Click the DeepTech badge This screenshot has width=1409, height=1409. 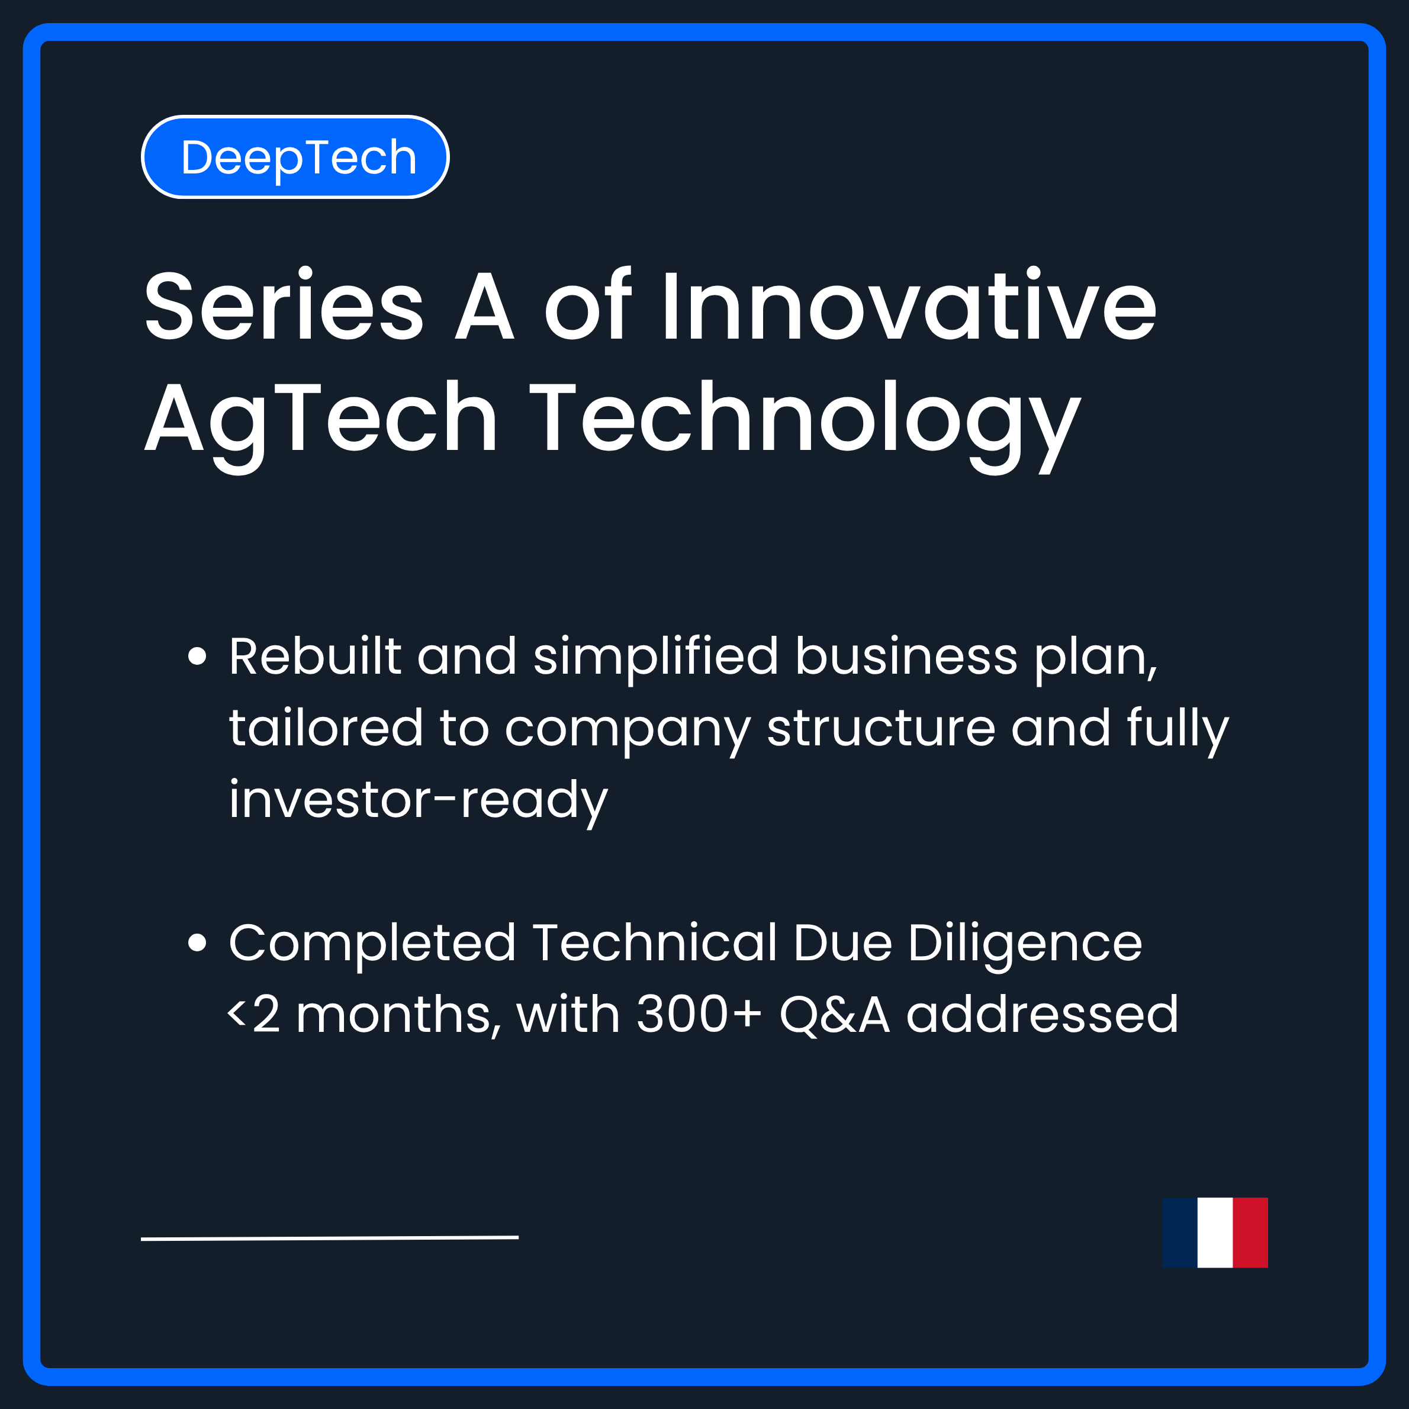coord(295,157)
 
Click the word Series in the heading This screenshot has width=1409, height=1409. coord(284,305)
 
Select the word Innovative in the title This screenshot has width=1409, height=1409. coord(908,305)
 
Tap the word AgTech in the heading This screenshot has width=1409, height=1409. coord(321,419)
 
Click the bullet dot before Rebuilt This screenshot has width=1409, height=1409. coord(197,655)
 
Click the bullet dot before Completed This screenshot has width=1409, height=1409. coord(197,942)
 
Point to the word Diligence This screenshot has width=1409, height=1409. coord(1025,944)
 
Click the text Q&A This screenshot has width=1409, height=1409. coord(834,1015)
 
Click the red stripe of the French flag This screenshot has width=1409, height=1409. coord(1250,1233)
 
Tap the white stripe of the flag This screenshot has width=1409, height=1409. coord(1215,1233)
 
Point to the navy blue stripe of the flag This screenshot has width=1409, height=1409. coord(1180,1233)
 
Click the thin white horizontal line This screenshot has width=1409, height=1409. coord(330,1238)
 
